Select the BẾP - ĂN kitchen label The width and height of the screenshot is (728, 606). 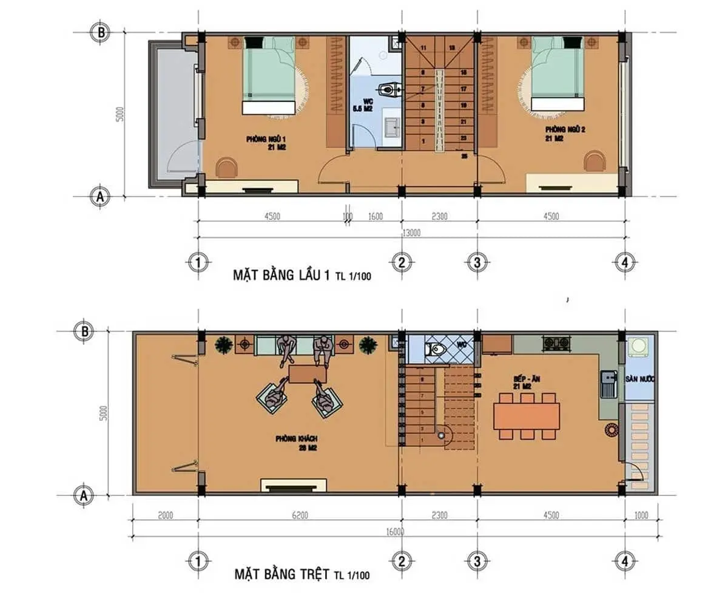click(527, 381)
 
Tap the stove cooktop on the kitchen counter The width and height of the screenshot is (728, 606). click(556, 344)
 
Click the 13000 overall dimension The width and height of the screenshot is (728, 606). click(411, 233)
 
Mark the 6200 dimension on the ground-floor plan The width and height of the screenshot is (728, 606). click(300, 516)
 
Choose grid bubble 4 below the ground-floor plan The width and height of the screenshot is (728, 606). click(624, 562)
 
